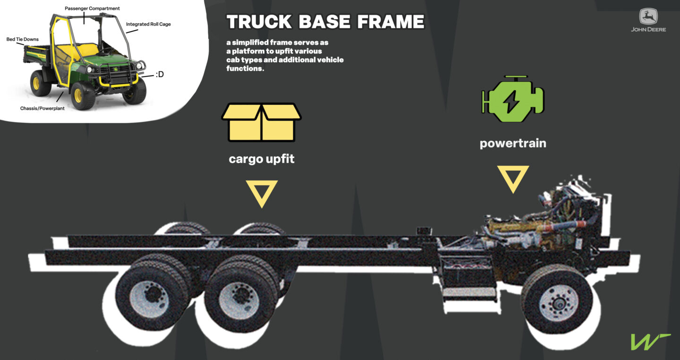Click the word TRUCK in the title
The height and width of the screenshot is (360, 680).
coord(259,22)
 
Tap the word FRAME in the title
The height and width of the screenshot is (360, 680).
coord(391,22)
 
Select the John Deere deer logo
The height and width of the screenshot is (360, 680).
coord(648,16)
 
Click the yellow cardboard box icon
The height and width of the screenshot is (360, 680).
coord(262,122)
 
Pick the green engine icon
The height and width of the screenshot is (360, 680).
coord(513,99)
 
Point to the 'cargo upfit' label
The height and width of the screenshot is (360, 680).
coord(262,159)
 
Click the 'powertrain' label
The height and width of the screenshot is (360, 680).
coord(513,144)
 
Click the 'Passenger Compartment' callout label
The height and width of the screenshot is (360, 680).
coord(92,9)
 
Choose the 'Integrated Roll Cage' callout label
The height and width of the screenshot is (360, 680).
coord(148,24)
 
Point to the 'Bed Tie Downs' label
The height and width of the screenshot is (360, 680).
coord(23,39)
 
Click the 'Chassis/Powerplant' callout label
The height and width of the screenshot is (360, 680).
coord(42,108)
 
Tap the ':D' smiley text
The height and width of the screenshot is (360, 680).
coord(160,74)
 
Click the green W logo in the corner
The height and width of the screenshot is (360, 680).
coord(650,342)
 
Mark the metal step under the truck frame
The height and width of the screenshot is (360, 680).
coord(469,294)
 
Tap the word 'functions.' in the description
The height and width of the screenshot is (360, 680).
coord(245,69)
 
